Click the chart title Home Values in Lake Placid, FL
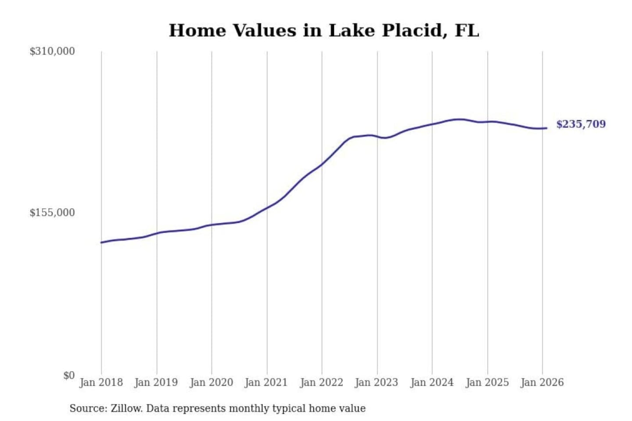pyautogui.click(x=324, y=31)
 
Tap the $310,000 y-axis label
pyautogui.click(x=52, y=51)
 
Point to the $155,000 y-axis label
pyautogui.click(x=52, y=213)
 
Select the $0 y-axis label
pyautogui.click(x=69, y=375)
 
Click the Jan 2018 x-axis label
pyautogui.click(x=101, y=382)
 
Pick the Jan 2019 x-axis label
pyautogui.click(x=156, y=382)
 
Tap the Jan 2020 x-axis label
pyautogui.click(x=211, y=382)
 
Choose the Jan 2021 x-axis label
pyautogui.click(x=266, y=382)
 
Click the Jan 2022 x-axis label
pyautogui.click(x=321, y=382)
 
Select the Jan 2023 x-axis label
pyautogui.click(x=377, y=382)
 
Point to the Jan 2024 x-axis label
pyautogui.click(x=431, y=382)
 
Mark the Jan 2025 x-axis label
pyautogui.click(x=487, y=382)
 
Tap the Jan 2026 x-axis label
pyautogui.click(x=542, y=382)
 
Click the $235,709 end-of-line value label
pyautogui.click(x=581, y=124)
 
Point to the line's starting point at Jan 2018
pyautogui.click(x=101, y=242)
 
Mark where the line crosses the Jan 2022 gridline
pyautogui.click(x=322, y=164)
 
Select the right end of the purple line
pyautogui.click(x=546, y=128)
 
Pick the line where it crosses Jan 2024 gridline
pyautogui.click(x=432, y=124)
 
